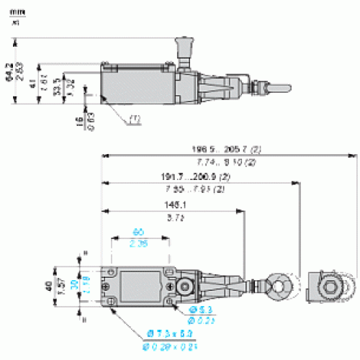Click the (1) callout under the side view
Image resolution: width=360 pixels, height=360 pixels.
pos(135,119)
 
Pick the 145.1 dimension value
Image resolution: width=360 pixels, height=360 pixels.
pos(174,204)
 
